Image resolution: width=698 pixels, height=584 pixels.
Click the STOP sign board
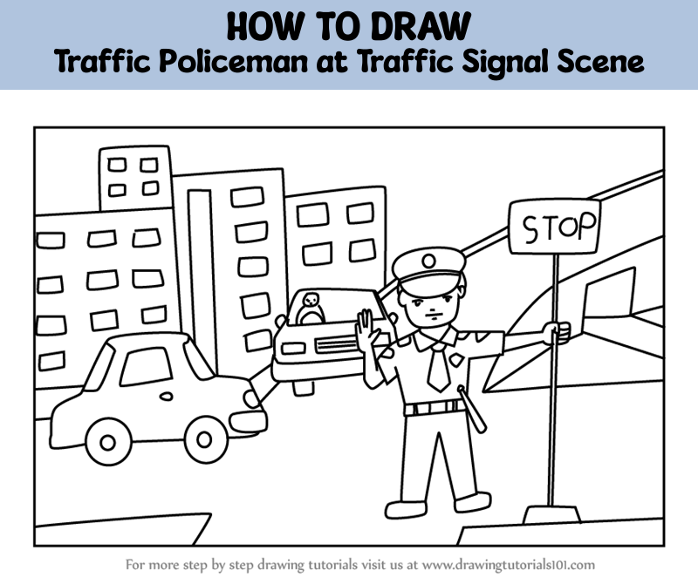tap(554, 227)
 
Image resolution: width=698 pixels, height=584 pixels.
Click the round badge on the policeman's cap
tap(428, 261)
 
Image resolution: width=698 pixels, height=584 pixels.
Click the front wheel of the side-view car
tap(204, 440)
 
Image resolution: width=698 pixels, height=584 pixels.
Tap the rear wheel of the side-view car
tap(107, 442)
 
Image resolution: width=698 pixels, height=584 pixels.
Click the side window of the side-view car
tap(146, 366)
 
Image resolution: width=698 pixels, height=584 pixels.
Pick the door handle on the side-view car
tap(166, 396)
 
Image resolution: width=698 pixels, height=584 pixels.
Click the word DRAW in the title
tap(420, 27)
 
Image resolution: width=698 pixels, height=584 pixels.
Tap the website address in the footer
tap(509, 565)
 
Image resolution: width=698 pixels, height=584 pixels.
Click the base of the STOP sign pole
tap(552, 514)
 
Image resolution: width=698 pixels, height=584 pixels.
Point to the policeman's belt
tap(434, 408)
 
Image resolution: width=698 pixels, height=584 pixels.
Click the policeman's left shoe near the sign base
tap(472, 502)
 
